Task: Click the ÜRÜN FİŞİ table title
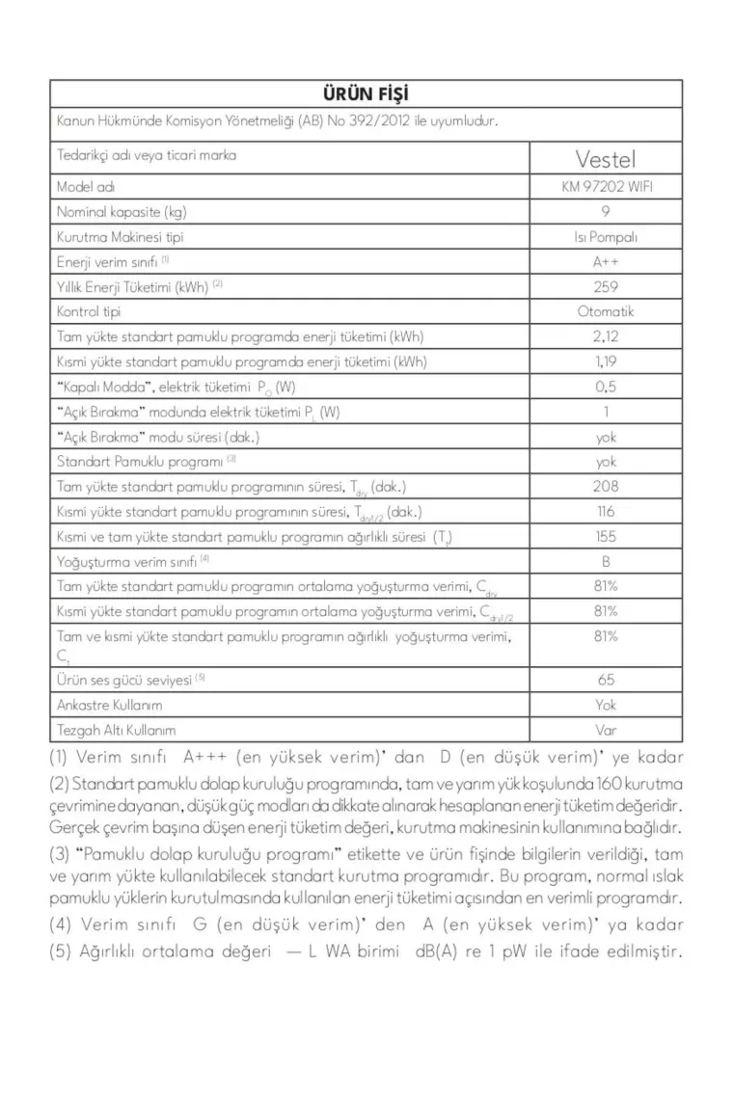366,94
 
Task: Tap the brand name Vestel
606,158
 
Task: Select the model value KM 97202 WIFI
606,187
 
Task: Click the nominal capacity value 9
606,212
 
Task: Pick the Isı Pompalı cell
606,237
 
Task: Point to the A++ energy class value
606,261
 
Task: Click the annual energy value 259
606,286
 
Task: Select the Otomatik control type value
606,311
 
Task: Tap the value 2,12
606,336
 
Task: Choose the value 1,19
606,362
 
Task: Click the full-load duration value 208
606,487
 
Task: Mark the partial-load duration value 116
606,512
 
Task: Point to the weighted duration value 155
606,537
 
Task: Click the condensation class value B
606,561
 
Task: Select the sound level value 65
606,680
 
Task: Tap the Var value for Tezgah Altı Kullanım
606,730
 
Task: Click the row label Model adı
86,187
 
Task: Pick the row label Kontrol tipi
90,311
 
